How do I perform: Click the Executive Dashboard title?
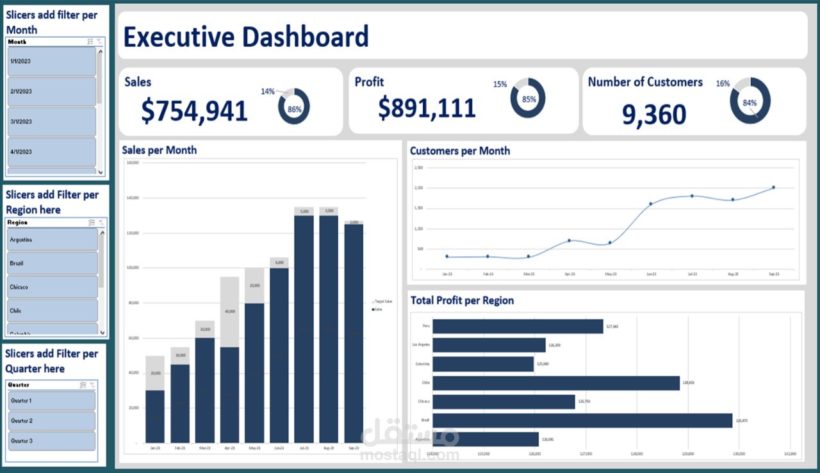coord(246,37)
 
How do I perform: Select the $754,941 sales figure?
coord(194,111)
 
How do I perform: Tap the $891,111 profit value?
coord(427,108)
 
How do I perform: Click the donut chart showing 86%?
coord(294,107)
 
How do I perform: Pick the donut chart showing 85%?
coord(528,99)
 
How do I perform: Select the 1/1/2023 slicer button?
coord(52,61)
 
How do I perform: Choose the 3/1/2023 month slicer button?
coord(52,121)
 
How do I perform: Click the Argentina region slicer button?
coord(53,240)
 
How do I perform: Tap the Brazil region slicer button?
coord(53,263)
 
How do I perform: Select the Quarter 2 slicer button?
coord(52,420)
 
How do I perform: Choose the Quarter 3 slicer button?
coord(52,441)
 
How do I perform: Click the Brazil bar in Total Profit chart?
coord(582,420)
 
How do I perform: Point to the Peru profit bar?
coord(518,326)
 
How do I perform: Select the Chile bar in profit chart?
coord(556,383)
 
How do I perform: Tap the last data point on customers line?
coord(773,187)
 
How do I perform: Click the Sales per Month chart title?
coord(160,150)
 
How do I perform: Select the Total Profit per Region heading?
coord(462,300)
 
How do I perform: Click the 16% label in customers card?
coord(723,84)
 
